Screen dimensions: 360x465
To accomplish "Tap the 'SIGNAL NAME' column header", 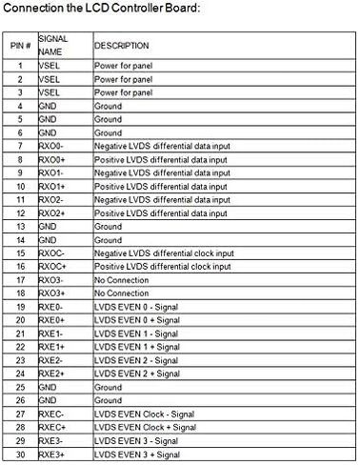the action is (53, 44).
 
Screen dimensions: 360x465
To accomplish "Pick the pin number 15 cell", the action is (21, 254).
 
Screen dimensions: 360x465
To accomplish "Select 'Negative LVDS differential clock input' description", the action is (163, 254).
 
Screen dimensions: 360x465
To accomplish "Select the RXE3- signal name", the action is (53, 443).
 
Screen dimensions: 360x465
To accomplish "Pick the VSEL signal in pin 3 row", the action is (50, 93).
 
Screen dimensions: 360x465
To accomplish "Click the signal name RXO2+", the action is (53, 214).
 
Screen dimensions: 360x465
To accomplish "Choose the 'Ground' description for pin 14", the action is (109, 241).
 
